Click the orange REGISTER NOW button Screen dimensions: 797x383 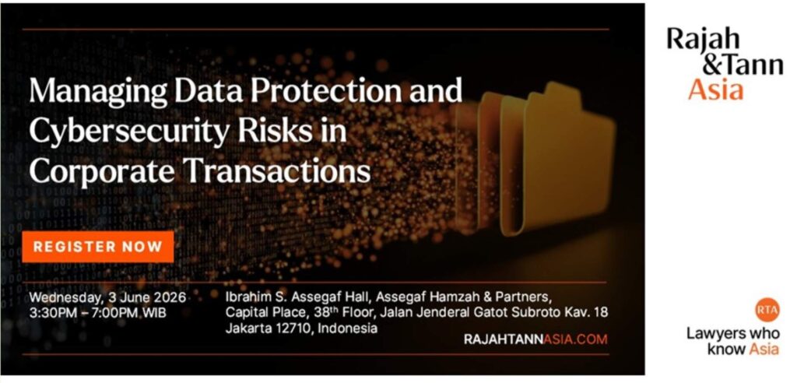tap(97, 247)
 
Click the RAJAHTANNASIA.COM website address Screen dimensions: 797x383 tap(535, 339)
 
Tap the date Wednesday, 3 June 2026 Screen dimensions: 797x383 tap(107, 297)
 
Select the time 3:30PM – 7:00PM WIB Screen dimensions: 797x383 tap(97, 313)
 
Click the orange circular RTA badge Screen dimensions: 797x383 tap(767, 310)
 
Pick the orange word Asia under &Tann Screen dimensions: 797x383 tap(716, 90)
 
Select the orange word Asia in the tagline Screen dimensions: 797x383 tap(764, 349)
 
